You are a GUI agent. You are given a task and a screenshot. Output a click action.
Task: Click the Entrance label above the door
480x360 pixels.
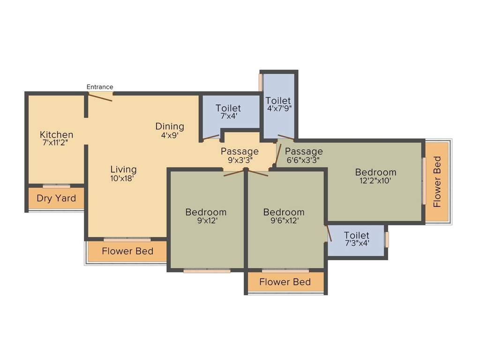click(x=100, y=87)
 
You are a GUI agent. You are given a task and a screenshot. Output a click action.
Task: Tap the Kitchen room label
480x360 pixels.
click(x=56, y=135)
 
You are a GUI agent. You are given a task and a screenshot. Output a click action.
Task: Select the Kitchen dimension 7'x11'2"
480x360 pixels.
click(x=55, y=143)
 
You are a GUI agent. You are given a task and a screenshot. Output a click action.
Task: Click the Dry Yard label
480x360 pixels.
click(x=56, y=198)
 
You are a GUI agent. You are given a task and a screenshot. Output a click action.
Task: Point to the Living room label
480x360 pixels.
click(x=124, y=169)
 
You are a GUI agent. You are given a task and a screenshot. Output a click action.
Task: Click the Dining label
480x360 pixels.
click(x=170, y=127)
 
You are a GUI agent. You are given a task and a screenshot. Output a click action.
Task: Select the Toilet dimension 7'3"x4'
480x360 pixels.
click(x=356, y=243)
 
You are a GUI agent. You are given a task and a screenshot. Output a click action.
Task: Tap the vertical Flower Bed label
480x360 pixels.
click(x=437, y=182)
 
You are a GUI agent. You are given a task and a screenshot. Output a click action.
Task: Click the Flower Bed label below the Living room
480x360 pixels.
click(x=127, y=251)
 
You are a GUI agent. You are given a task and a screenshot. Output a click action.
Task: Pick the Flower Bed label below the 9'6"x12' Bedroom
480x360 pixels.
click(x=285, y=282)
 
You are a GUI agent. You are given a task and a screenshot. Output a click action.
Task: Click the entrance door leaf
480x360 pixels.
click(x=100, y=97)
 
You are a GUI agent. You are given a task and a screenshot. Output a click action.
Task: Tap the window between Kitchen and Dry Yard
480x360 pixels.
click(x=56, y=186)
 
